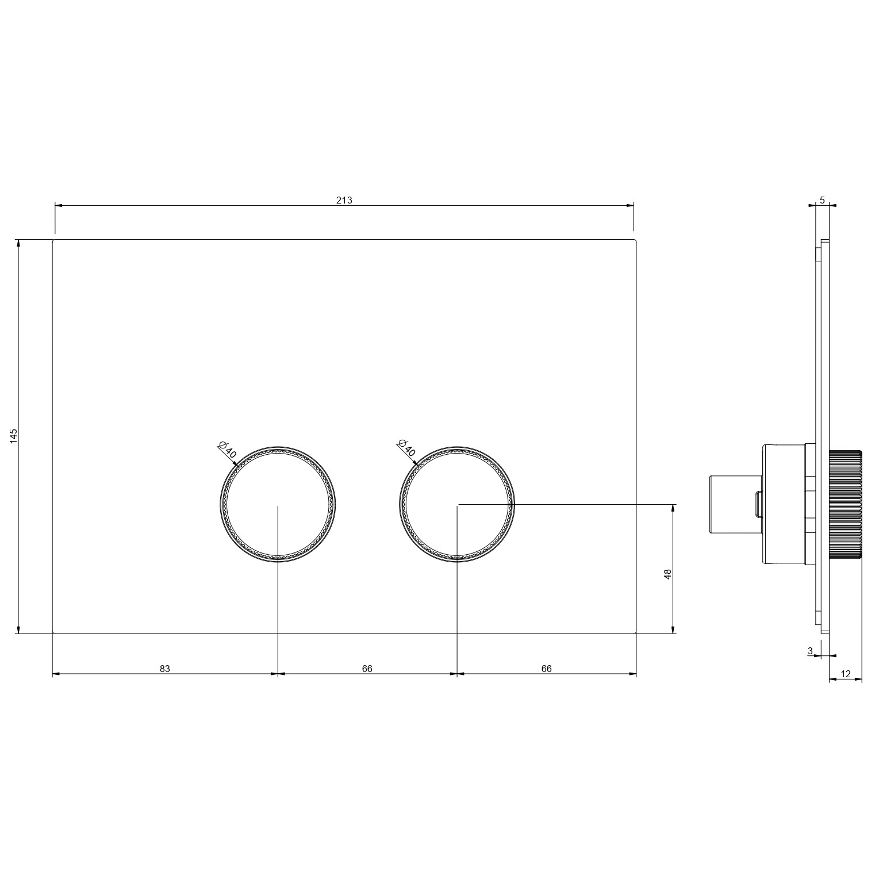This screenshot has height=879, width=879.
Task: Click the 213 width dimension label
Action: (344, 200)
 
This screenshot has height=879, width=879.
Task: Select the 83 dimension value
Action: (165, 669)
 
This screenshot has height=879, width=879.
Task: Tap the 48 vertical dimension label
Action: (667, 574)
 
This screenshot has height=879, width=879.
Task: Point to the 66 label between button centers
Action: (367, 669)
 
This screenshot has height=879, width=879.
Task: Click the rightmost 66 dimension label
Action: (546, 669)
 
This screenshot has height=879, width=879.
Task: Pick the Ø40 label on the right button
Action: (406, 448)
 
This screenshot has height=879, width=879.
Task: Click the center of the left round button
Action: (278, 505)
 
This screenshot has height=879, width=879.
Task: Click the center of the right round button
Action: (457, 505)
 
